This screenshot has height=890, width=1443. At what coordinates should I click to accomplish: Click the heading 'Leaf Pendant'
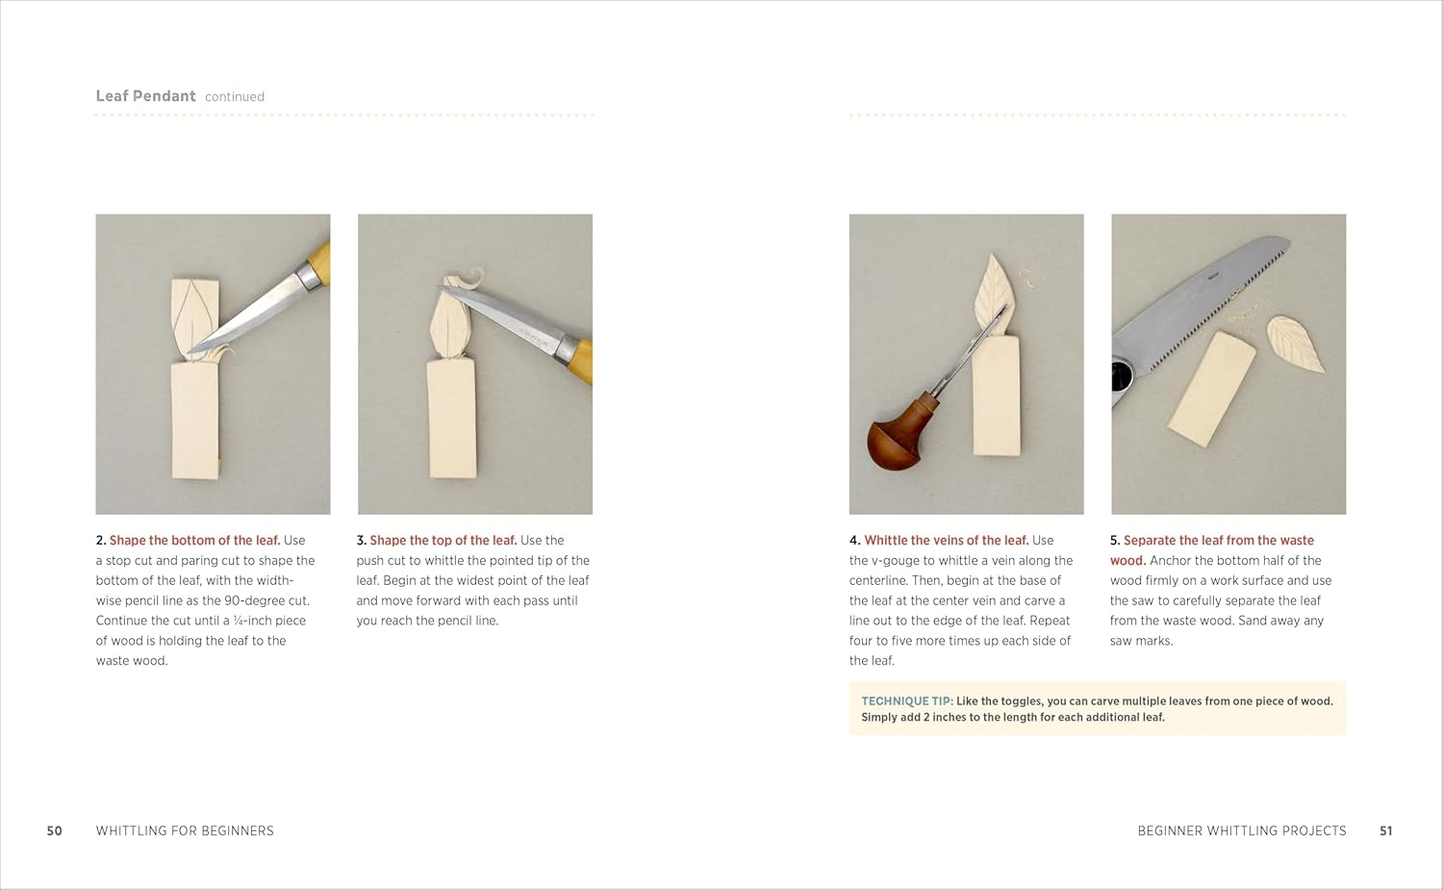pos(145,96)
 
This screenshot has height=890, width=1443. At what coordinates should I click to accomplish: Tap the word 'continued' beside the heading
pos(234,97)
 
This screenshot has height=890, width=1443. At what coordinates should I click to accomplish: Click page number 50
pos(55,830)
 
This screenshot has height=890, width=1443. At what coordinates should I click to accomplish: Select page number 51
pos(1385,830)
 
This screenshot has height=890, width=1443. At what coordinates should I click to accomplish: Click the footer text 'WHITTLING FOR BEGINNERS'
pos(185,830)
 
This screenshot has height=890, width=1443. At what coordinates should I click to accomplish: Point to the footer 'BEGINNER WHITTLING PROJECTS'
pos(1241,830)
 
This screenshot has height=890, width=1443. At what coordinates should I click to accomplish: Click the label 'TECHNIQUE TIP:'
pos(906,701)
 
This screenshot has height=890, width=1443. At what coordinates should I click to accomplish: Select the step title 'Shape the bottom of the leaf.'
pos(194,541)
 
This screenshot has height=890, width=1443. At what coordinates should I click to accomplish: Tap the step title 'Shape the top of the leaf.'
pos(443,541)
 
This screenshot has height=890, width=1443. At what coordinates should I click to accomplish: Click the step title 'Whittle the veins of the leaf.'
pos(946,541)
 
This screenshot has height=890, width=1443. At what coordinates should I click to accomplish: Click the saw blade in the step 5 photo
pos(1198,298)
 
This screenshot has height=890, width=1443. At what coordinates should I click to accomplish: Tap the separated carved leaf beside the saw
pos(1295,343)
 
